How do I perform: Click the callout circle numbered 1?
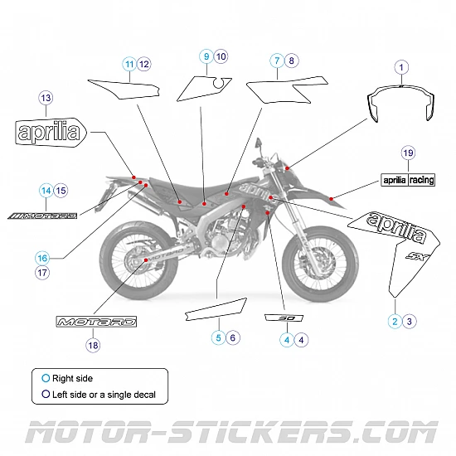tap(400, 66)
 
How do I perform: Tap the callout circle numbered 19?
tap(407, 153)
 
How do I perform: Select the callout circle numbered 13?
tap(46, 98)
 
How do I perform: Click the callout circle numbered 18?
tap(92, 344)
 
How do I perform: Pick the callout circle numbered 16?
tap(42, 257)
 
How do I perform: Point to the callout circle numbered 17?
tap(42, 272)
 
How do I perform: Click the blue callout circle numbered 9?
tap(206, 56)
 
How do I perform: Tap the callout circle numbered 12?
tap(143, 64)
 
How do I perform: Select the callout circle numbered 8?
tap(290, 61)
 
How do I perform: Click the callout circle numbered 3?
tap(409, 320)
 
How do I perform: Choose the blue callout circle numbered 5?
tap(218, 337)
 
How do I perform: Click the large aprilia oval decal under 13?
tap(49, 131)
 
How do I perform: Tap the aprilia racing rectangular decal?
tap(407, 180)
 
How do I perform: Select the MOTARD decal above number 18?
tap(95, 322)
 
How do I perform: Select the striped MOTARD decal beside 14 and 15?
tap(42, 216)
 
